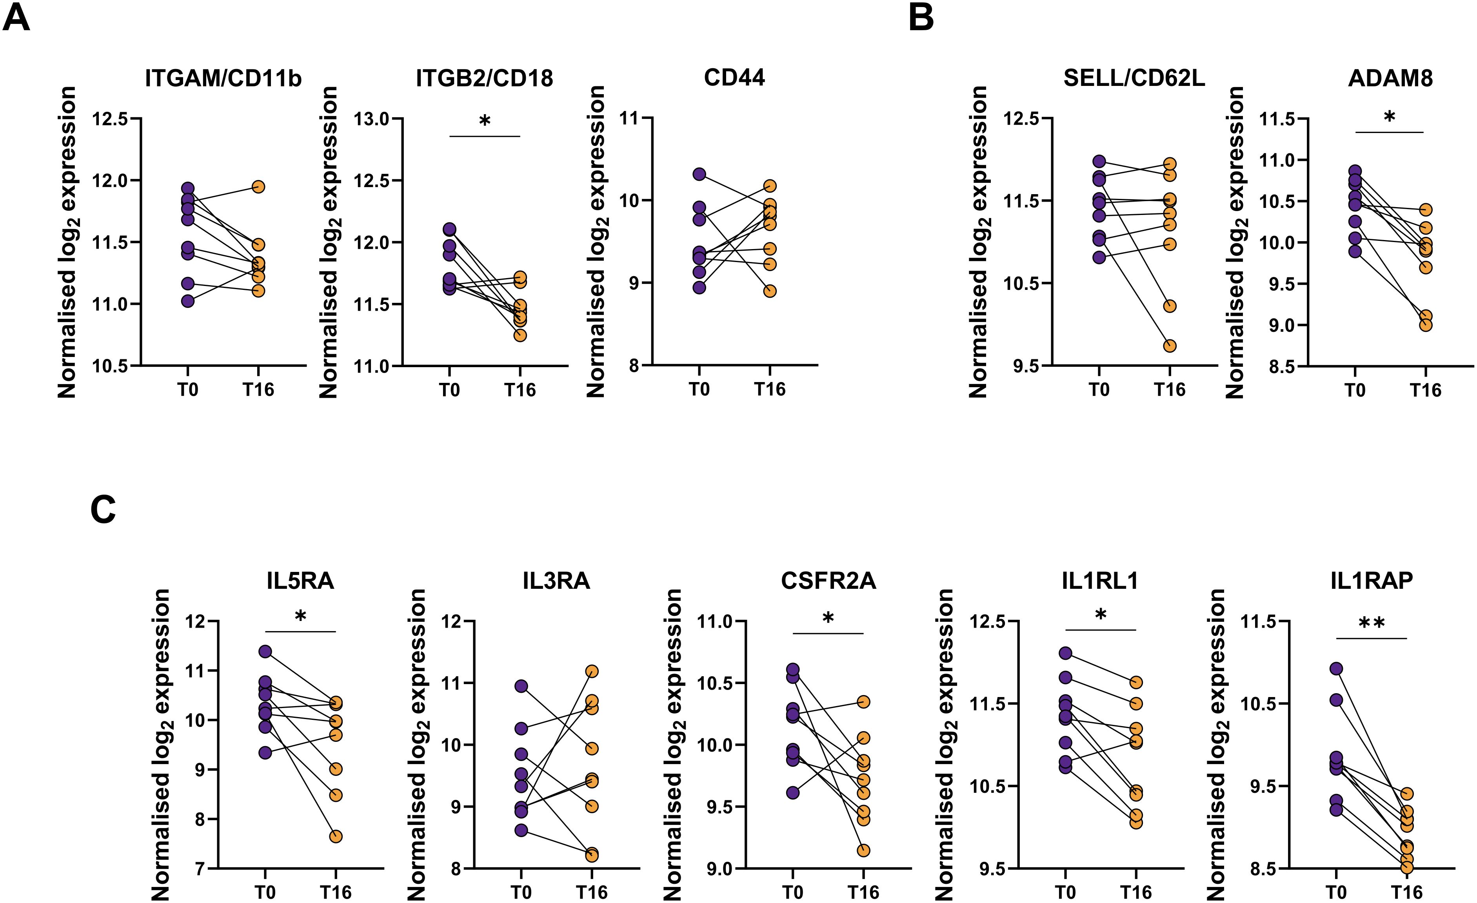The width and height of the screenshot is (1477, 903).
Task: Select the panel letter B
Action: pos(921,18)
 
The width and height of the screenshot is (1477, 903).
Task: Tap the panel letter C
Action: pos(103,511)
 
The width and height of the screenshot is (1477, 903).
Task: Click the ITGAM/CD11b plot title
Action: pos(223,78)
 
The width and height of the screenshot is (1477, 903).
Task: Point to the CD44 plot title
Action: pos(734,78)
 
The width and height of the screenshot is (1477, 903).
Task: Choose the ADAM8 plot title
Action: pos(1390,78)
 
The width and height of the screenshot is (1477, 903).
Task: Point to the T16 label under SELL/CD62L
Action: pos(1170,390)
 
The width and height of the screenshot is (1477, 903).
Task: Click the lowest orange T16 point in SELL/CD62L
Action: pos(1170,346)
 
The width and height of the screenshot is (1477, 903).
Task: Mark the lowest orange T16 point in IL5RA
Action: pos(336,836)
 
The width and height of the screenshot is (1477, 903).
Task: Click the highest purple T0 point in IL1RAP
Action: pos(1336,668)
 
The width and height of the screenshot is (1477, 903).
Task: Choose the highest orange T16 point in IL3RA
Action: pos(592,671)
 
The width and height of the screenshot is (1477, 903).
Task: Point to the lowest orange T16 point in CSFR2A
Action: pos(863,850)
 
